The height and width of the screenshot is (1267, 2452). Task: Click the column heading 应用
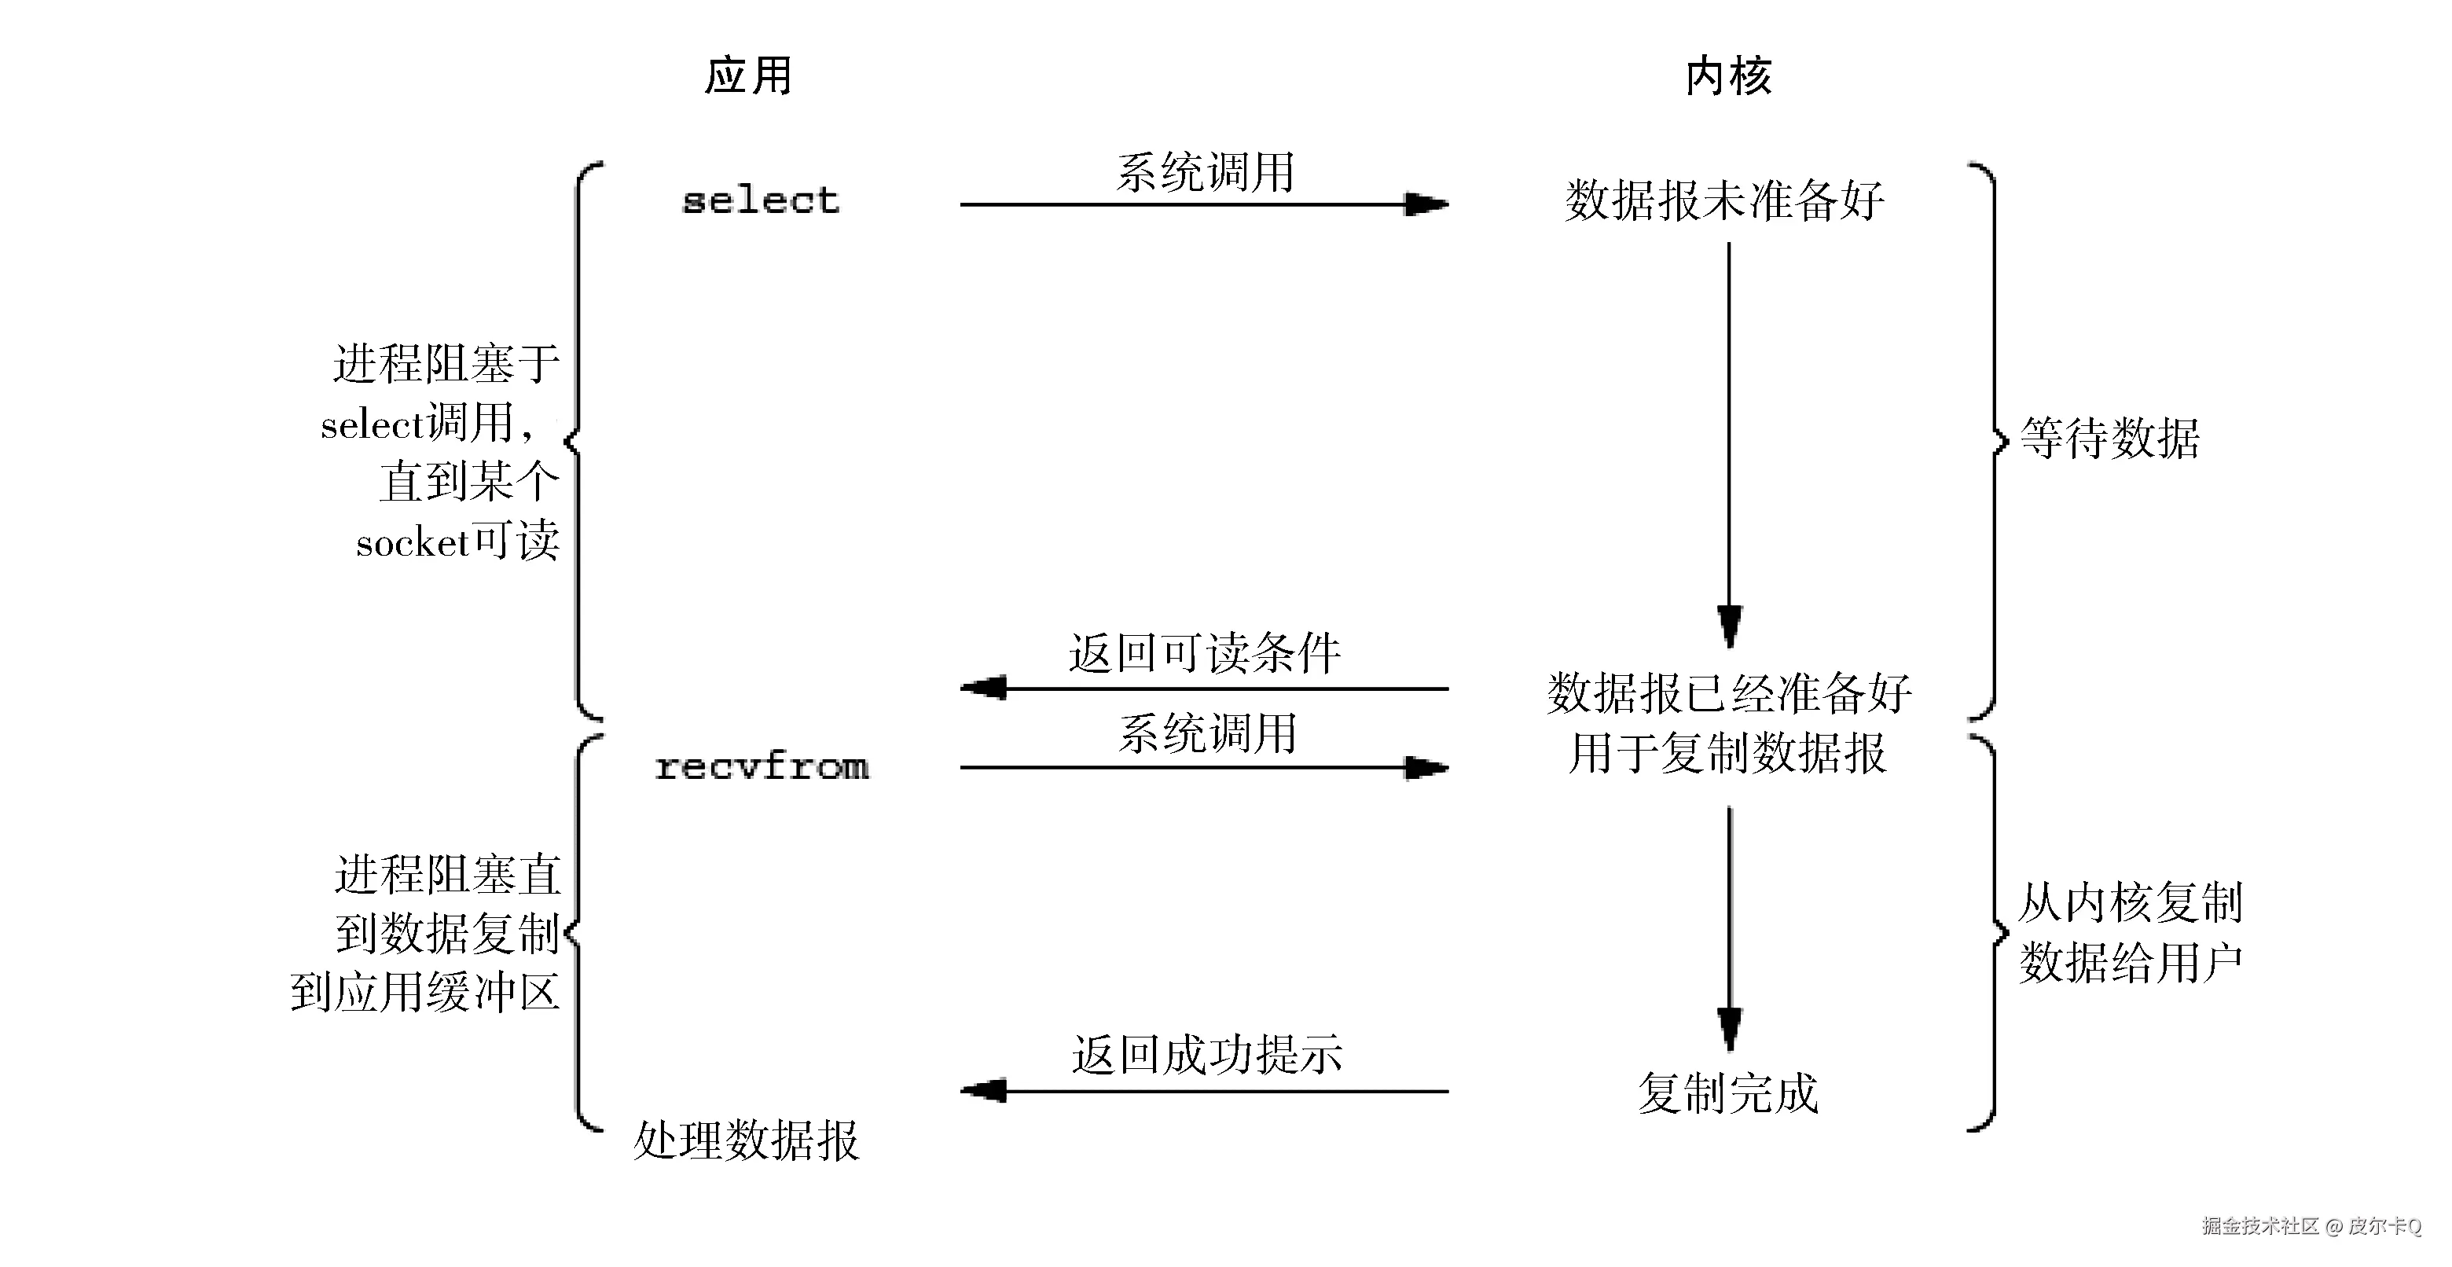748,76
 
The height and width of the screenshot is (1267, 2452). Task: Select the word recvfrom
762,766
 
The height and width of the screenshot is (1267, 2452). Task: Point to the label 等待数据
2109,439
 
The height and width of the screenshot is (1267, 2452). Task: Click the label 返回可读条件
1204,654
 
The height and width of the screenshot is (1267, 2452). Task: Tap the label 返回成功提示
1206,1055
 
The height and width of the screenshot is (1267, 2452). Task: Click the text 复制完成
1727,1093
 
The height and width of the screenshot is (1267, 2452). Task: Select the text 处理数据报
747,1140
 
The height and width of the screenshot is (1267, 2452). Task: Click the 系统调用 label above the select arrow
1205,172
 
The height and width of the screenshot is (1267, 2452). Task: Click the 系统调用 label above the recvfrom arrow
1207,734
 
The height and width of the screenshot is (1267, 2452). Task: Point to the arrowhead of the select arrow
1427,204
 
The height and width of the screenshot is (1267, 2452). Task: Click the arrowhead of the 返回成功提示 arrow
984,1091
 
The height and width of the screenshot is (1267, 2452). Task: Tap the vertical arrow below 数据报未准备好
1729,428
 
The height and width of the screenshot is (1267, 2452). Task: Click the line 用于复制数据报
1727,753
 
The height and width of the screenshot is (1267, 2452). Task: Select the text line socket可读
458,542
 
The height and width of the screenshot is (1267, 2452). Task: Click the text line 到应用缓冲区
424,993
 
